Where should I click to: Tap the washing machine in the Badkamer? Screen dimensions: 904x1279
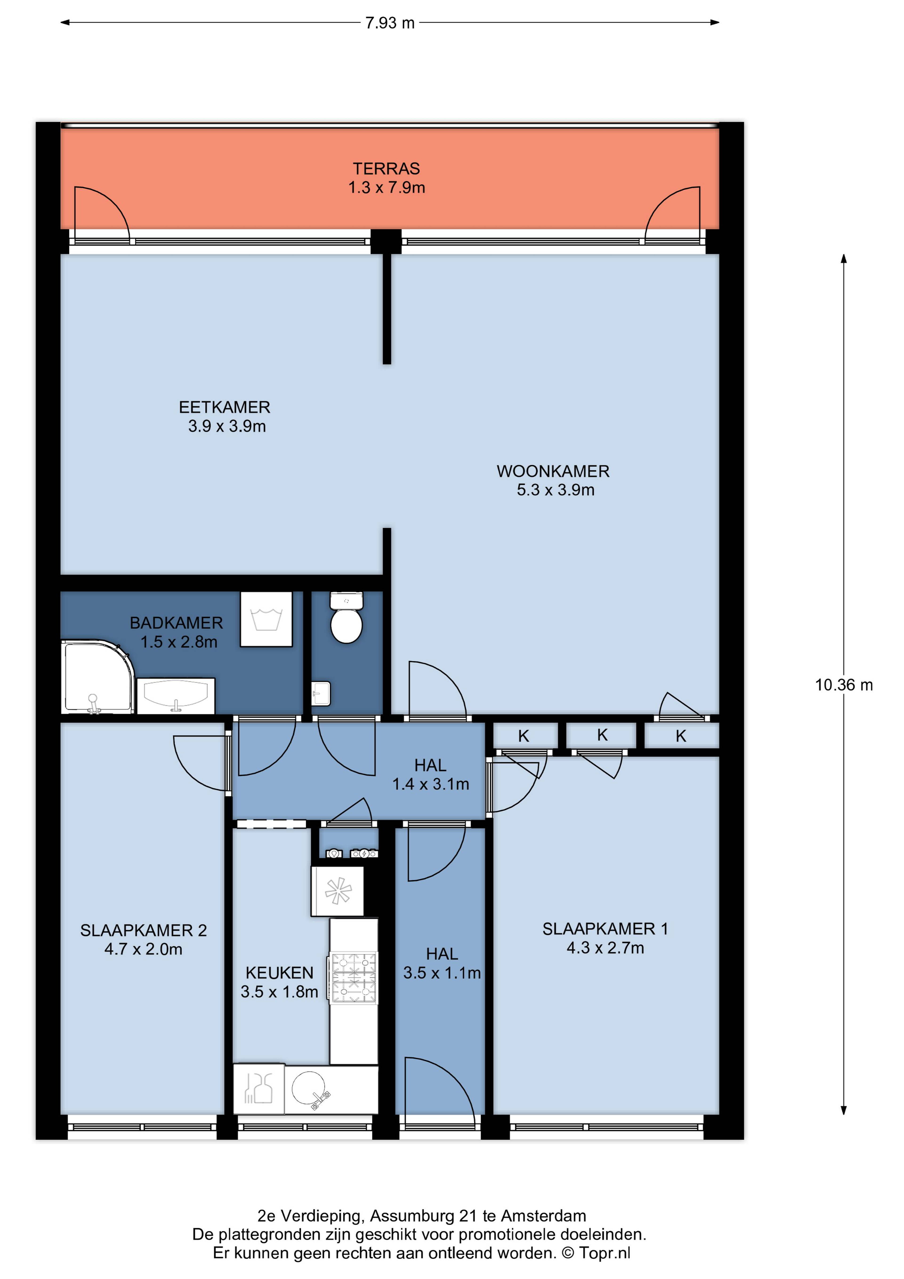[266, 619]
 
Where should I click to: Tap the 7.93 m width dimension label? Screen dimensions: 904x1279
[390, 23]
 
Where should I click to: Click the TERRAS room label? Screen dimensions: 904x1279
[387, 168]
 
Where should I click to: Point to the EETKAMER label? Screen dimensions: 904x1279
[224, 407]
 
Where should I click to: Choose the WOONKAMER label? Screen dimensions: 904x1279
[553, 471]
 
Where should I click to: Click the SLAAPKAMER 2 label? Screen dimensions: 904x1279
[144, 930]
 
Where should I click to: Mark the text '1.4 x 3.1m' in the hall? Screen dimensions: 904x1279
[431, 784]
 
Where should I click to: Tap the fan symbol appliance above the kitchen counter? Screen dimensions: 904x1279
[338, 891]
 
